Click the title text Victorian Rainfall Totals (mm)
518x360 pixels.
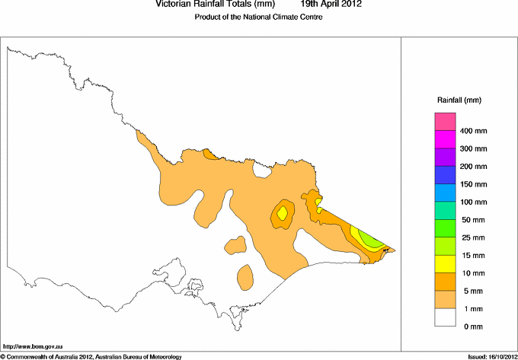(x=214, y=5)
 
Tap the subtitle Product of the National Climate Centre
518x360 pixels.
(x=258, y=17)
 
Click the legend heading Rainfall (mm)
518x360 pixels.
(x=459, y=100)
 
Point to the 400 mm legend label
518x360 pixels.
(x=475, y=132)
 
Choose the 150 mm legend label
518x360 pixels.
(x=475, y=184)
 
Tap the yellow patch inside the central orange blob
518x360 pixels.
(x=283, y=214)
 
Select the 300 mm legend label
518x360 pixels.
(x=475, y=149)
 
